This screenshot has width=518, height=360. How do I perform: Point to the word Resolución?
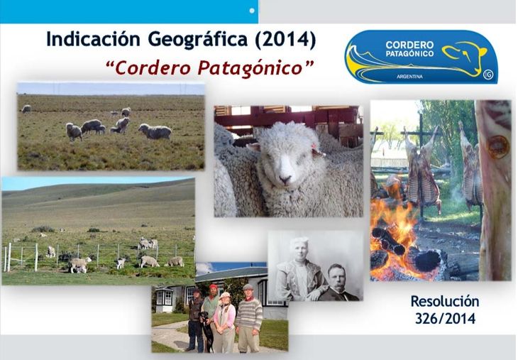[x=445, y=301]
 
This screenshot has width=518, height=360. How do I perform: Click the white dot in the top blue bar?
[x=252, y=11]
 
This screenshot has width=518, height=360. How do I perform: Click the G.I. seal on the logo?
[x=487, y=74]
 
